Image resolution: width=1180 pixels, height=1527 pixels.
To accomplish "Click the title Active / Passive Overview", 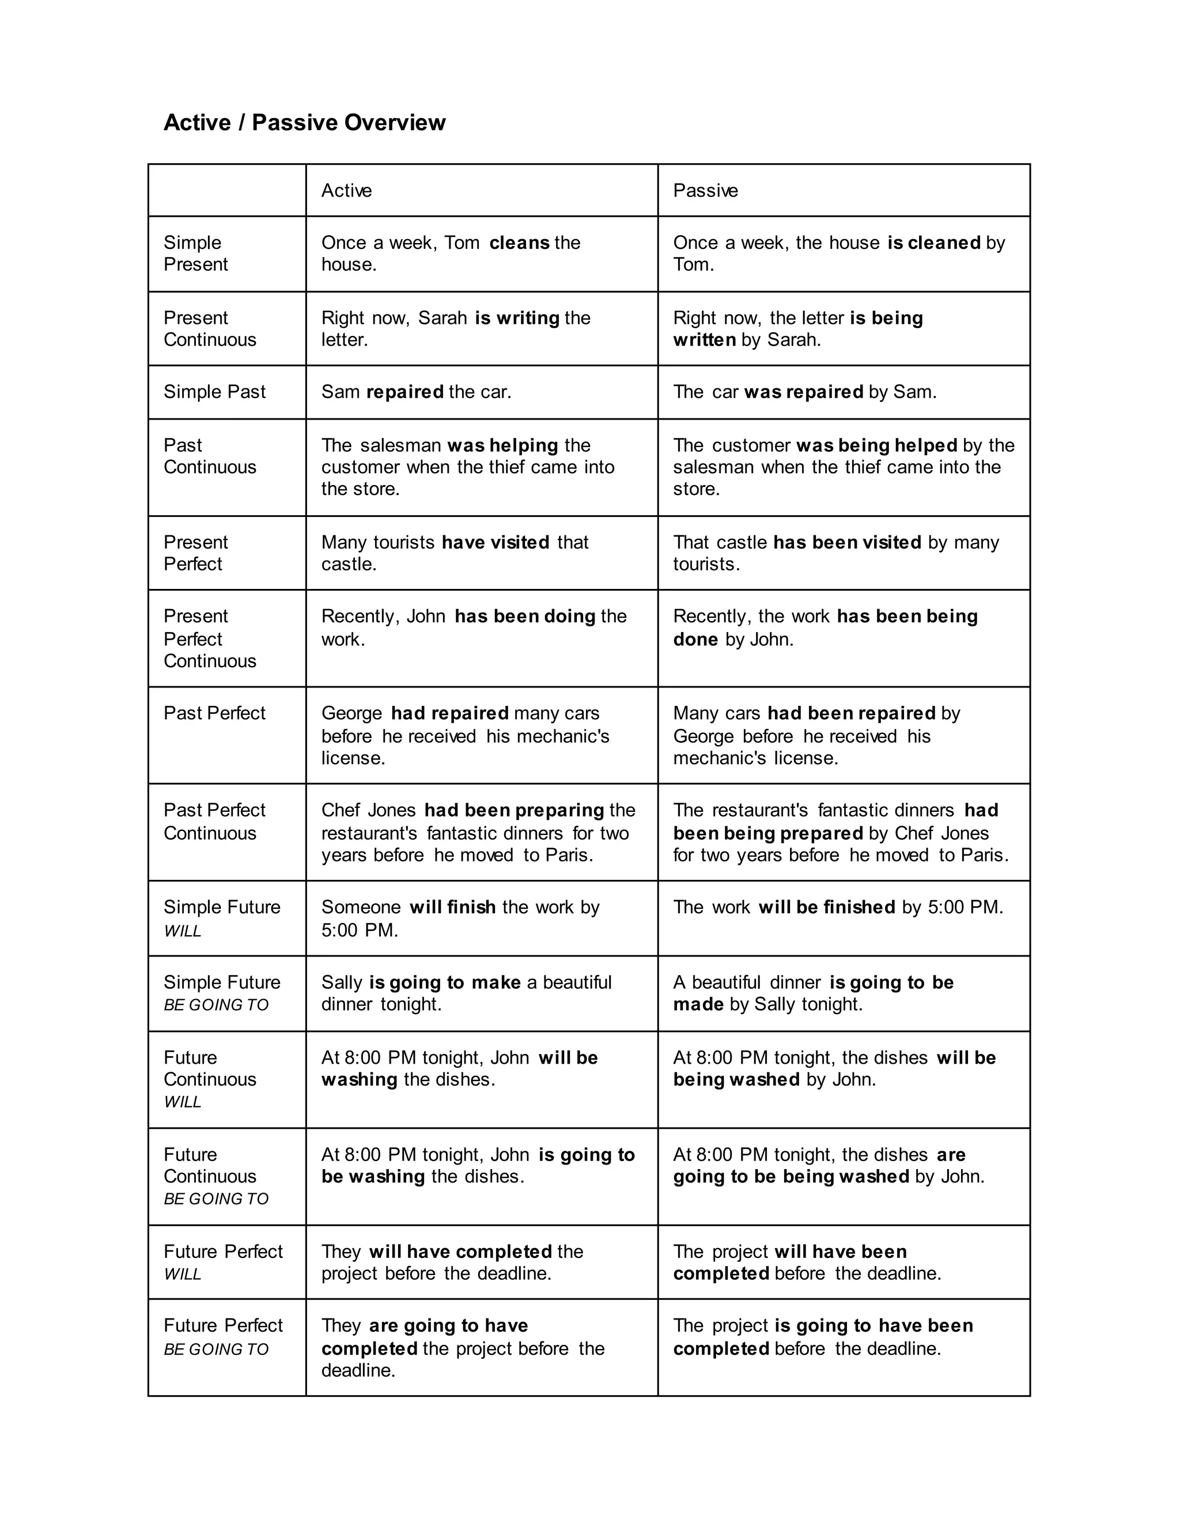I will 304,122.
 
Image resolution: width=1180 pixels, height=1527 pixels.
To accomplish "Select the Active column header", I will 346,190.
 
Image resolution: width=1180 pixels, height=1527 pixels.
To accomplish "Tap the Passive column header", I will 705,190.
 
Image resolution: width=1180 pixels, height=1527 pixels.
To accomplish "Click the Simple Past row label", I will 214,391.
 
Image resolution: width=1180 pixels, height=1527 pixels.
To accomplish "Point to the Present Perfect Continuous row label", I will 210,638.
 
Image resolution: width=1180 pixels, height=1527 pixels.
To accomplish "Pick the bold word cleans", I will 519,243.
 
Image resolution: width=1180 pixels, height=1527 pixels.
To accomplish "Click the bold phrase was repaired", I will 803,391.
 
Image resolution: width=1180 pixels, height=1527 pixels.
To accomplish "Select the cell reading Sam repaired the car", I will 416,391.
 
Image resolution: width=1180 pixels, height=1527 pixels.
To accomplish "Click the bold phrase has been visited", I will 846,543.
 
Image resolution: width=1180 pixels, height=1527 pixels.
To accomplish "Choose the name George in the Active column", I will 351,713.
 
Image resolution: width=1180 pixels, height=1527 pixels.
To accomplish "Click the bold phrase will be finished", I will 826,908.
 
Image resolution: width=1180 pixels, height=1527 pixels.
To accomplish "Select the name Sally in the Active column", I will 342,982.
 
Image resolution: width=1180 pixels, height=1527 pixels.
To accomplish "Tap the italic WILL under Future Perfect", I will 183,1274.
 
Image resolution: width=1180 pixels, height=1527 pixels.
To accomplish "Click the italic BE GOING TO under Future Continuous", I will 216,1199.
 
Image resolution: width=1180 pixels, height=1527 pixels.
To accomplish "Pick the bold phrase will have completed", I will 461,1252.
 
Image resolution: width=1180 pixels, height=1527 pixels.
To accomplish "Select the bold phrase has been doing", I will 524,616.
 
